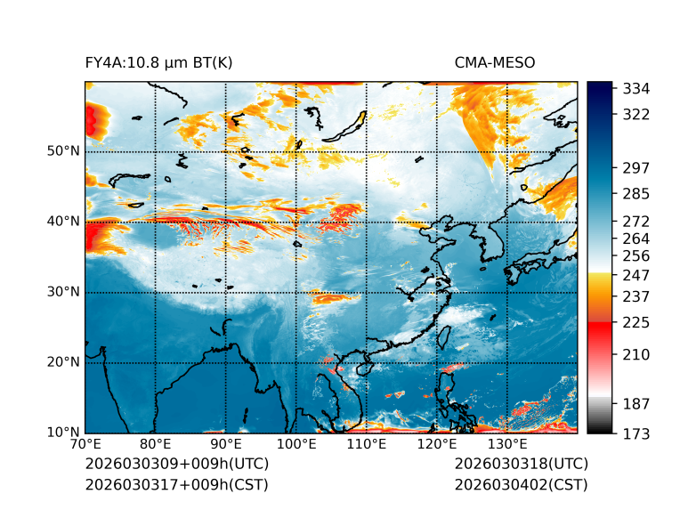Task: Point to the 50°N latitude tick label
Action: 63,151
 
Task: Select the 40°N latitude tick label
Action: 63,222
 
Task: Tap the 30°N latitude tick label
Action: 63,292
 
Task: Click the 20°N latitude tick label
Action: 63,362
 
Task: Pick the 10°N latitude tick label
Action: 63,433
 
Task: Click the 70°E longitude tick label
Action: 85,445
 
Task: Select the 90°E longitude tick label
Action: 226,445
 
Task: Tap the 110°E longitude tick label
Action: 366,445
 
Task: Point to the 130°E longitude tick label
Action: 506,445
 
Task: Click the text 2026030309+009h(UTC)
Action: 176,465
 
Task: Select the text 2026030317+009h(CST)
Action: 176,485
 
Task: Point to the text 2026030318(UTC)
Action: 521,465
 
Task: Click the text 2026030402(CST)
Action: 521,485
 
